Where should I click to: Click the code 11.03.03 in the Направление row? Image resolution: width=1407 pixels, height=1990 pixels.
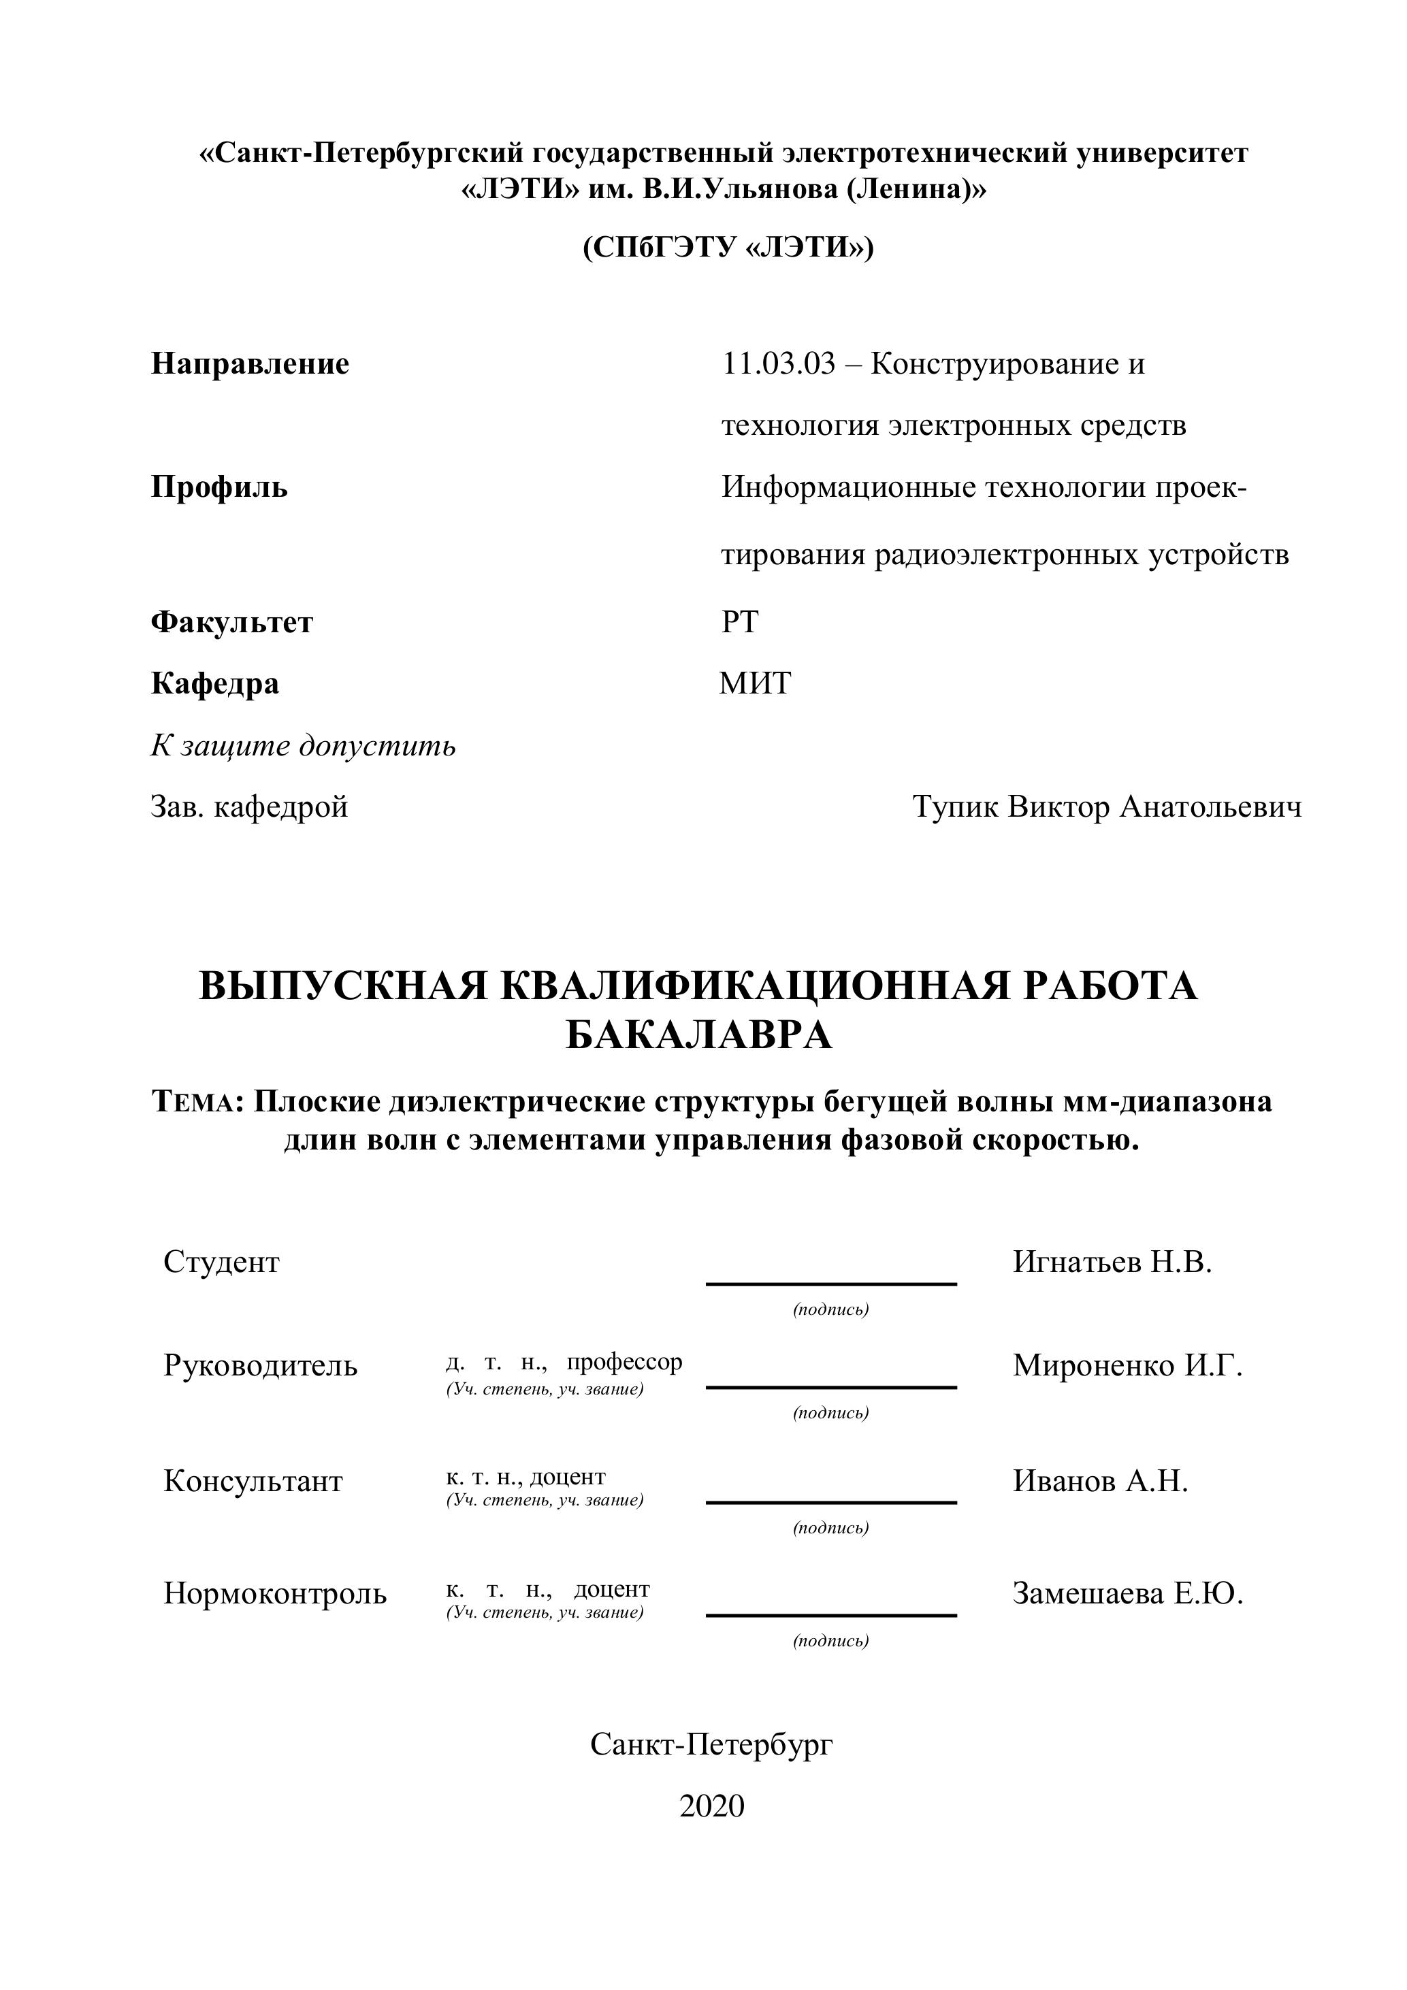point(779,364)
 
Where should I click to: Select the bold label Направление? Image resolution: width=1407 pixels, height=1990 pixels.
point(250,364)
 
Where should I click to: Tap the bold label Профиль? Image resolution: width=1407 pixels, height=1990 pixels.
point(219,487)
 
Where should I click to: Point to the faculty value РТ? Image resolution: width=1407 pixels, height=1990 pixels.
point(739,622)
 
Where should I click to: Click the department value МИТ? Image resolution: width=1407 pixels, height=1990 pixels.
point(755,684)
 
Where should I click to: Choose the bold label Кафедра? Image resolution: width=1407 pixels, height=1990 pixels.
point(215,684)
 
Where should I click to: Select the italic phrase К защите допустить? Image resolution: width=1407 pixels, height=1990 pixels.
point(302,745)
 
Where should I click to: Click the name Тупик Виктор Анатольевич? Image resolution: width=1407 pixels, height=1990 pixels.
point(1106,807)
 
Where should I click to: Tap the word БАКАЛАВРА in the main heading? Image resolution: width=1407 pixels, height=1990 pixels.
point(698,1035)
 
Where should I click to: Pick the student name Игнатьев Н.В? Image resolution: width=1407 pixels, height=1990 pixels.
point(1112,1262)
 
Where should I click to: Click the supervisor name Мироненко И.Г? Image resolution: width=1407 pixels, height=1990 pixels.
point(1127,1365)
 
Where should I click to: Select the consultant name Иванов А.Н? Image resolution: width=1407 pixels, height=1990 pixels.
point(1099,1480)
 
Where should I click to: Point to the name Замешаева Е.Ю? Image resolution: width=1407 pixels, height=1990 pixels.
point(1127,1593)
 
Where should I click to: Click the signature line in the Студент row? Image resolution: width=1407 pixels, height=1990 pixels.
point(830,1284)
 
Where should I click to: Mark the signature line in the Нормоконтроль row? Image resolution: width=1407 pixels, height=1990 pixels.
point(830,1615)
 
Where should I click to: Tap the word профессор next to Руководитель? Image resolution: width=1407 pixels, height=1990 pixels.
point(624,1362)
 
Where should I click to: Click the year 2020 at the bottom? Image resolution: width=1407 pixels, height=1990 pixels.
point(712,1806)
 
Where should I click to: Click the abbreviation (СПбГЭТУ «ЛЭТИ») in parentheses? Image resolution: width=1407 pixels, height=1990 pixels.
point(728,248)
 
